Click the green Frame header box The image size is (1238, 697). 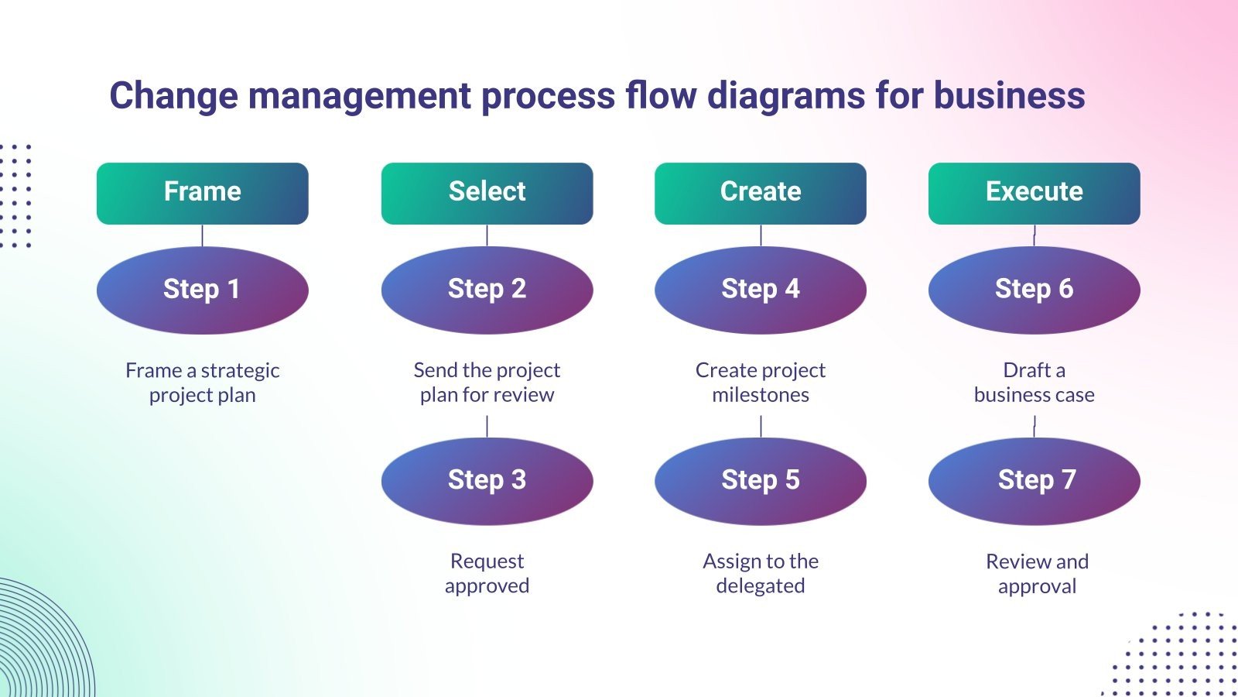point(202,193)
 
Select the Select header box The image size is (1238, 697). point(487,193)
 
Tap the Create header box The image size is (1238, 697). point(760,193)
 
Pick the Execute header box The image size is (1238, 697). point(1034,193)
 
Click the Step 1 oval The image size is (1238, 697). point(202,290)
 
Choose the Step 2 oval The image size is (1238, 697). point(487,290)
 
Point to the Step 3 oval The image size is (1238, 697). point(487,481)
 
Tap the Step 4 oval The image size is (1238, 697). point(760,290)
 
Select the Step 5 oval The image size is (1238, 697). point(760,481)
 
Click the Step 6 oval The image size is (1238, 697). point(1034,290)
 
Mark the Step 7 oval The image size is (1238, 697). point(1034,481)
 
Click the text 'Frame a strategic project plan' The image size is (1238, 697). point(202,383)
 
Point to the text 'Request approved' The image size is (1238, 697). point(487,573)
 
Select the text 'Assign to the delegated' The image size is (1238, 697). point(760,573)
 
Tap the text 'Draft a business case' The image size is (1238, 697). point(1034,383)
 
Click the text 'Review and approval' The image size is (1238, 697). point(1037,573)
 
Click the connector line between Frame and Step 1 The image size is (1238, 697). point(202,235)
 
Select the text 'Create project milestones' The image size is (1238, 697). point(760,383)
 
